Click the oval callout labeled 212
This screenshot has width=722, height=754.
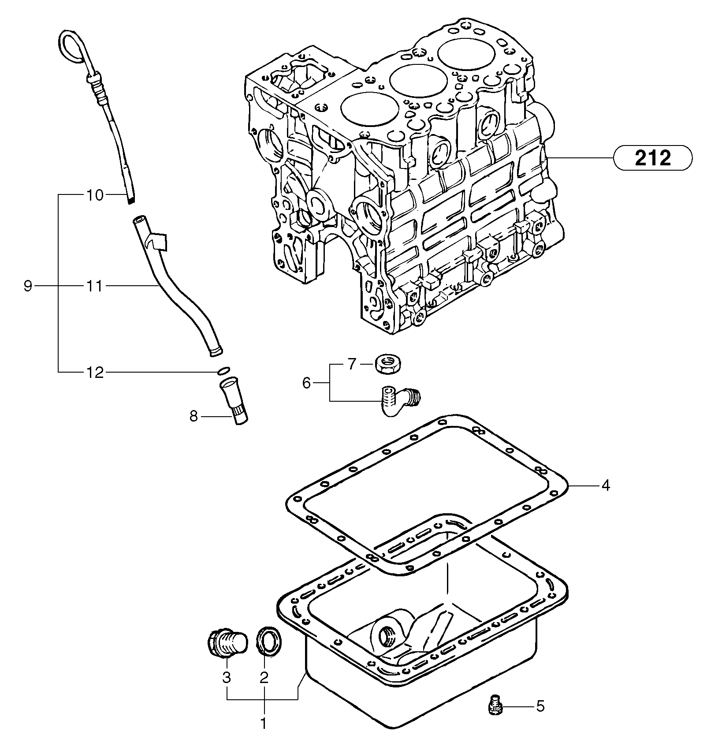(653, 157)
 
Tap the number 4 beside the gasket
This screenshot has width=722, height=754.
(606, 485)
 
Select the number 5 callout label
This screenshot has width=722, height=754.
(540, 706)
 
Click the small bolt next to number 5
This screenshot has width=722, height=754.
(495, 705)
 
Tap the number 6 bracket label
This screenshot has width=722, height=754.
(307, 383)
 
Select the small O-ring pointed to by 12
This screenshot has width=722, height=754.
(223, 370)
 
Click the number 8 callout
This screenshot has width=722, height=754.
(194, 416)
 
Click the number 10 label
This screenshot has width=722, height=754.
(94, 194)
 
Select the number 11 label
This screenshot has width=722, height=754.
(94, 287)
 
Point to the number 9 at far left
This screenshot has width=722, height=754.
(27, 287)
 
